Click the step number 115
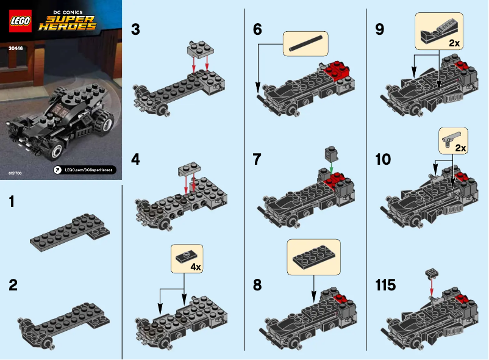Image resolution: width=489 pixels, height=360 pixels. pyautogui.click(x=386, y=286)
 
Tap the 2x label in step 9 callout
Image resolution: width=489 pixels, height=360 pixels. pyautogui.click(x=453, y=43)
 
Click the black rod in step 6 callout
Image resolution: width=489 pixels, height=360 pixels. pyautogui.click(x=305, y=42)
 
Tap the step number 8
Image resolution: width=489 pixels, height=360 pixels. pyautogui.click(x=257, y=286)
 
